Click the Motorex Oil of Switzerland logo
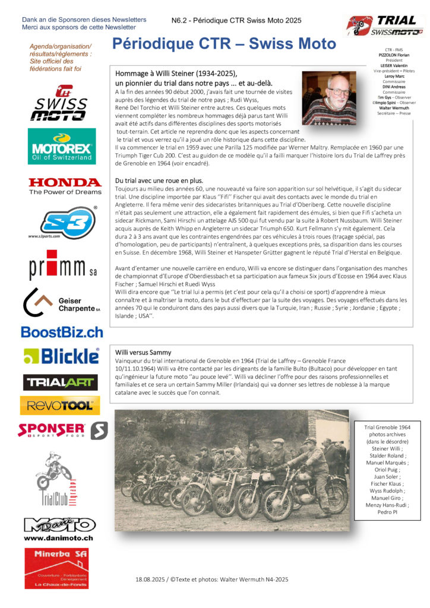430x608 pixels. tap(61, 146)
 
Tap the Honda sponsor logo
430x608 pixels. tap(65, 186)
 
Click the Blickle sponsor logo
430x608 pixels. tap(61, 356)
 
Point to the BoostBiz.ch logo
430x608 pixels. tap(62, 332)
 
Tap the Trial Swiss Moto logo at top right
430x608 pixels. tap(384, 26)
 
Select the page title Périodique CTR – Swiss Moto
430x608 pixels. tap(224, 44)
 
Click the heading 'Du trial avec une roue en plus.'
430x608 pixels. tap(159, 180)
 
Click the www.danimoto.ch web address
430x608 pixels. tap(59, 537)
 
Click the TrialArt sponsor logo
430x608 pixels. tap(60, 382)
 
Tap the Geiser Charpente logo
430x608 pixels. tap(61, 303)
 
